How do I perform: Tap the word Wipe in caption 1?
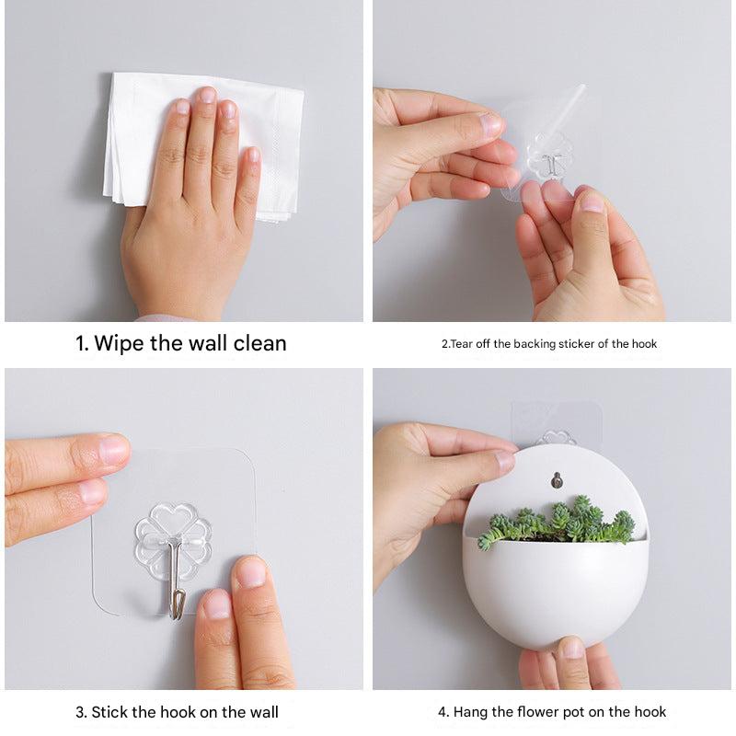(120, 343)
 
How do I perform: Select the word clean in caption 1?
(259, 343)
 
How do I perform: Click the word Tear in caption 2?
(461, 344)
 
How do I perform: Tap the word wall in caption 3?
(264, 712)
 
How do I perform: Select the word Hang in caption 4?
(471, 712)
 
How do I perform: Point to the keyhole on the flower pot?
(557, 480)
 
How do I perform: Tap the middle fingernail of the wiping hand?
(207, 96)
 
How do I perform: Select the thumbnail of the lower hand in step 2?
(592, 201)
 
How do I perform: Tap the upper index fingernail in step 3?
(113, 450)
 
